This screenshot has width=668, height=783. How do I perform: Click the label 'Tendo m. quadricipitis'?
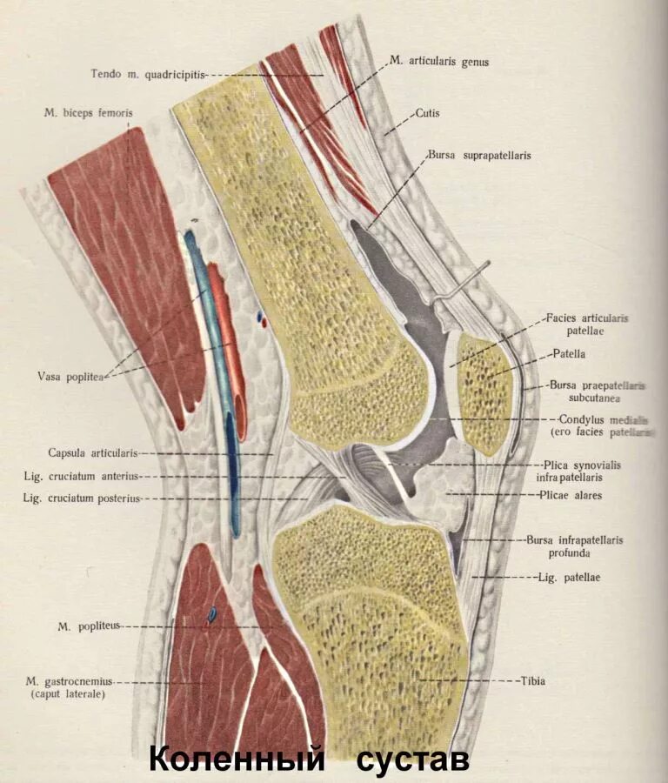click(x=148, y=74)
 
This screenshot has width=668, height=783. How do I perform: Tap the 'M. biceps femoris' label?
click(x=90, y=113)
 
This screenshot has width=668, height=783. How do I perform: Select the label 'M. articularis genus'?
click(x=439, y=62)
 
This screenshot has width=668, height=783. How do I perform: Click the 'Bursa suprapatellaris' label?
click(x=478, y=156)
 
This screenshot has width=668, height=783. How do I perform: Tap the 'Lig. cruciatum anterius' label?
click(x=82, y=476)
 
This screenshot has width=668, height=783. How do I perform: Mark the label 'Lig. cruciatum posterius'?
click(x=82, y=499)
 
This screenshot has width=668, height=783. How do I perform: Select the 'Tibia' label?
click(x=532, y=680)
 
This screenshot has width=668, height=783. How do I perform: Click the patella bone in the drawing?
click(x=484, y=391)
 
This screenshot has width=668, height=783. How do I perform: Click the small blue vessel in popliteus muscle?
click(x=211, y=614)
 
